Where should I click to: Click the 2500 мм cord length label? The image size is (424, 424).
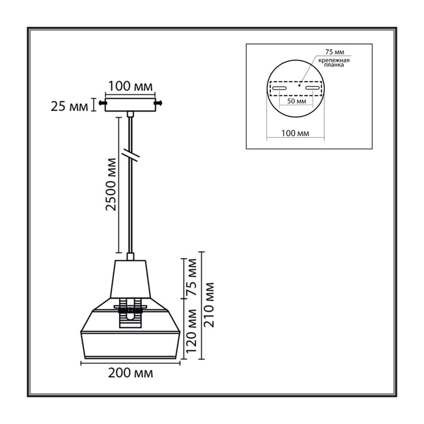(x=111, y=184)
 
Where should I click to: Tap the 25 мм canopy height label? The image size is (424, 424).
(x=69, y=107)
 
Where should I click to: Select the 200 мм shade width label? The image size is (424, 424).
(x=130, y=373)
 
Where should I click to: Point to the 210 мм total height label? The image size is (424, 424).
(x=209, y=305)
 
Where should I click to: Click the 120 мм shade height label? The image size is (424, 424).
(x=191, y=331)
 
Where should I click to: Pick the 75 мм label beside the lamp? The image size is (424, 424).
(x=192, y=277)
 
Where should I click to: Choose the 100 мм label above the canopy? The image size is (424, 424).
(x=130, y=86)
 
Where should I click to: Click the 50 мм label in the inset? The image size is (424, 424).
(x=297, y=101)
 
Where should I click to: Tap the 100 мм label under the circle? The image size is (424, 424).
(x=295, y=134)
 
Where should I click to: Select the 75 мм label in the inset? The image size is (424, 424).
(x=334, y=52)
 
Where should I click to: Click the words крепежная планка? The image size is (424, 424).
(x=334, y=63)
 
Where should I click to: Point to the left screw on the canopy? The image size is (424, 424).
(x=102, y=103)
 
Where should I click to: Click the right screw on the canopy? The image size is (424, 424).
(x=158, y=103)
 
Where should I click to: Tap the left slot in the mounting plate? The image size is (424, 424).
(x=279, y=88)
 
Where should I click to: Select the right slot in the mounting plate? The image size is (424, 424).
(x=313, y=88)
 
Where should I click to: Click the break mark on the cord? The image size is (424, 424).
(x=130, y=155)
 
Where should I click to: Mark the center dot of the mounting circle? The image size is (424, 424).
(x=299, y=85)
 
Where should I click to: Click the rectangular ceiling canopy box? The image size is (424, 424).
(x=130, y=104)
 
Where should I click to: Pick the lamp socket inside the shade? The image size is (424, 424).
(x=130, y=313)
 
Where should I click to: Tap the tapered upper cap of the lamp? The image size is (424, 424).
(x=130, y=279)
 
